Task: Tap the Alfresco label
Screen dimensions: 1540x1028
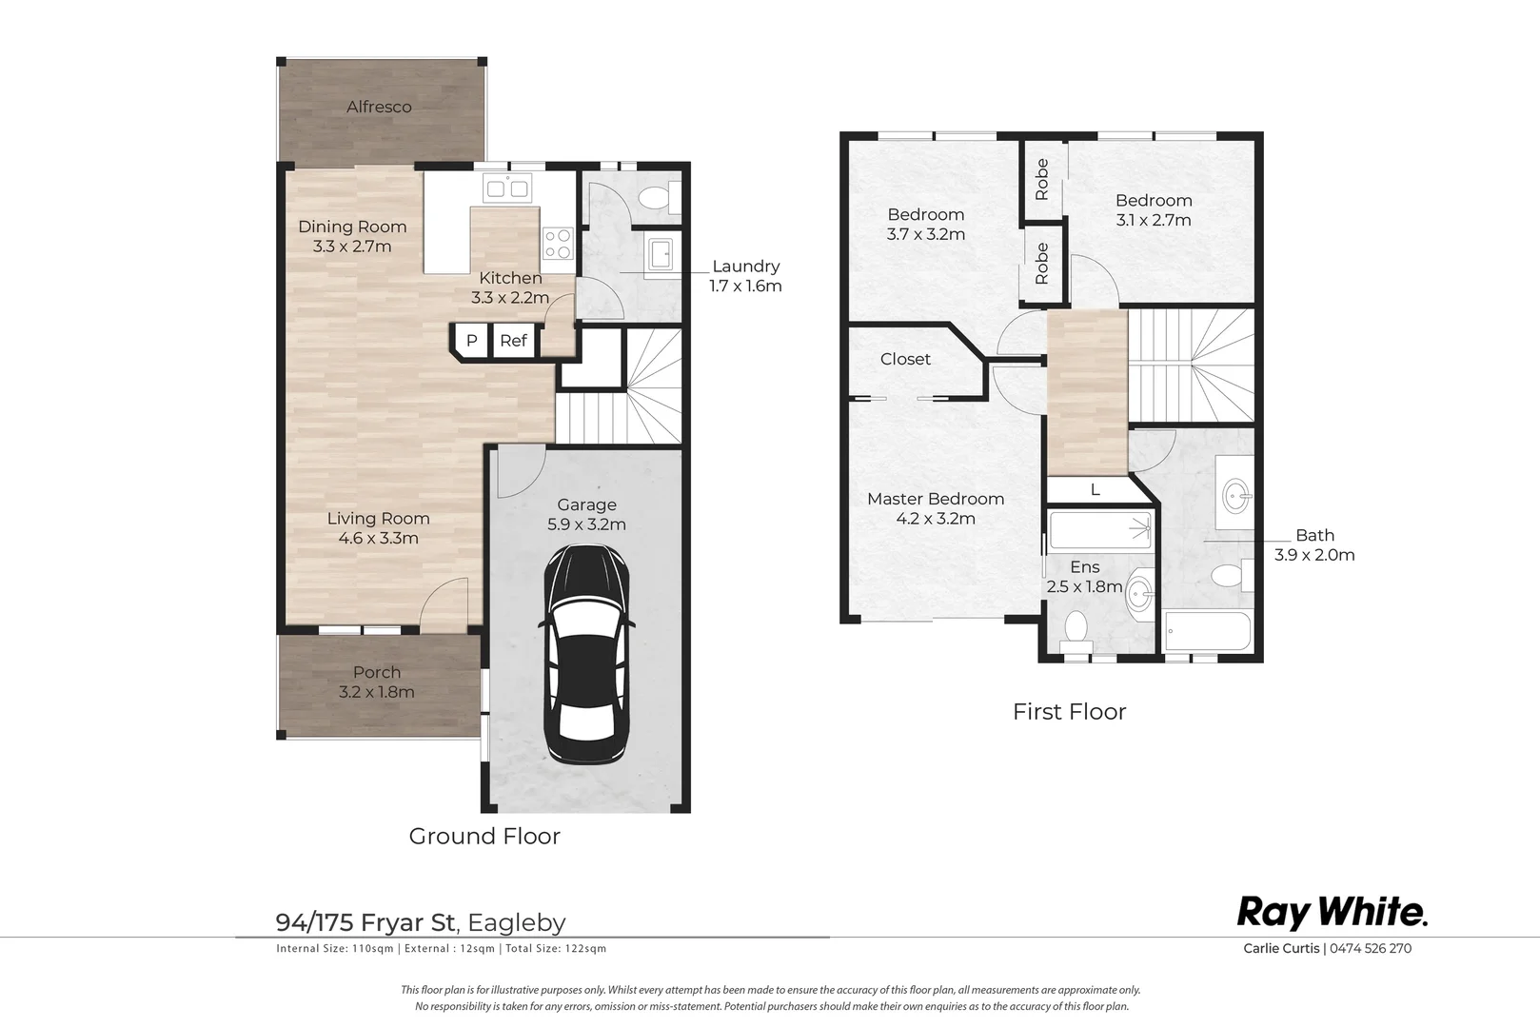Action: coord(379,107)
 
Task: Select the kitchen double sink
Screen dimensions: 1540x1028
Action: coord(508,188)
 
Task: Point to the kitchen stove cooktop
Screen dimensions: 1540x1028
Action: coord(558,243)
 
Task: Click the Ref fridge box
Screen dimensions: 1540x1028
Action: coord(514,341)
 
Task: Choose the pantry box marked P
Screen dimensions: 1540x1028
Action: coord(472,341)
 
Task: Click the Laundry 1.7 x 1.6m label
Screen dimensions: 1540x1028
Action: coord(746,276)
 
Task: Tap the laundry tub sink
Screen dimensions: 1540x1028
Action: coord(660,255)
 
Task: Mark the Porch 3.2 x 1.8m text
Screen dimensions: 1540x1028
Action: coord(377,682)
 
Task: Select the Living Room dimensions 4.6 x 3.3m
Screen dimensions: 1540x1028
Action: coord(378,538)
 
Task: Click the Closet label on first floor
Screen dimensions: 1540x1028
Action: coord(905,359)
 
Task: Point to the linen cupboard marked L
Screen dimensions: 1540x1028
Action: coord(1096,489)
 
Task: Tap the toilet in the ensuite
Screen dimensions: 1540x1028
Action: coord(1076,632)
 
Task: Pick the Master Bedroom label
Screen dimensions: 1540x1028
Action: coord(936,499)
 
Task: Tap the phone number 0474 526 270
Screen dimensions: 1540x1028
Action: coord(1371,948)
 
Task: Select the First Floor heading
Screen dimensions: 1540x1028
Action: coord(1069,712)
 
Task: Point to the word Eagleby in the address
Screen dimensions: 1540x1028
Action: coord(516,922)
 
